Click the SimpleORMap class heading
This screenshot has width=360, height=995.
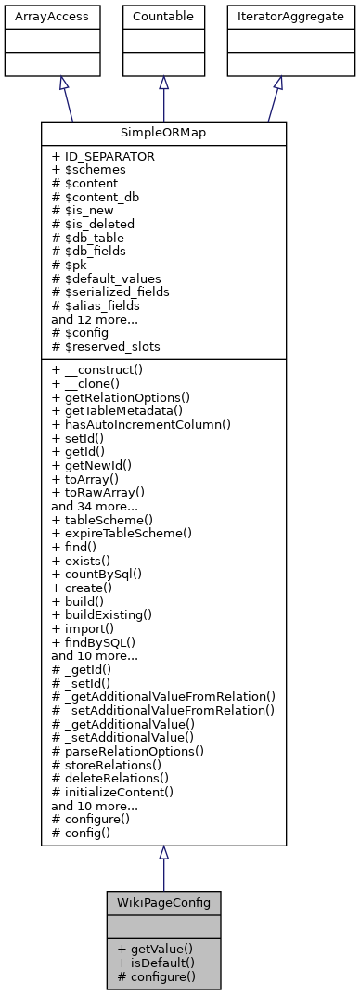point(163,133)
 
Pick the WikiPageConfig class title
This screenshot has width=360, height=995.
point(163,902)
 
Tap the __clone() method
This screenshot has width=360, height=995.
point(94,384)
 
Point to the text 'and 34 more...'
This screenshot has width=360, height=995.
point(96,506)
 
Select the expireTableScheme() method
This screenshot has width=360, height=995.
point(122,533)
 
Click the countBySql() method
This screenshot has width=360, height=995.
point(101,574)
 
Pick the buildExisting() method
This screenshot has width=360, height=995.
point(102,614)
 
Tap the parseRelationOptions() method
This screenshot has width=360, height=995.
point(128,750)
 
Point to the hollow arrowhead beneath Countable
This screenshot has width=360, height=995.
point(163,83)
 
